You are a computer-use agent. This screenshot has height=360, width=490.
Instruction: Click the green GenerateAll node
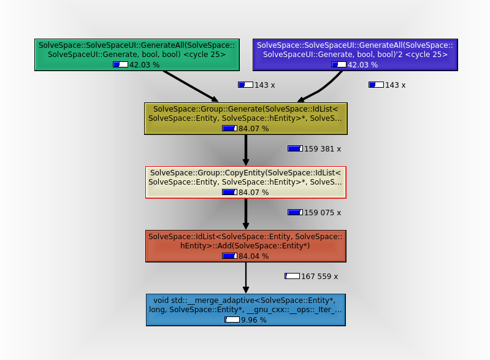(136, 54)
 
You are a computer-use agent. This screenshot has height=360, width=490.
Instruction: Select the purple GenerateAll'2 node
(355, 54)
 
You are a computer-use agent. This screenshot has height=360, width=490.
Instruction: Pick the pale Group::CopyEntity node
(245, 182)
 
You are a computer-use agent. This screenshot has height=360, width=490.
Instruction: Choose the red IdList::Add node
(245, 245)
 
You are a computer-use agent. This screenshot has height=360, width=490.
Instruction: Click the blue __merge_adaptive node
(245, 309)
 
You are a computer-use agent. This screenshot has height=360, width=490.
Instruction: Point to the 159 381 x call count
(323, 148)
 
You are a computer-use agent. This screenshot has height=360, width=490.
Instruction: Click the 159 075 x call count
(323, 212)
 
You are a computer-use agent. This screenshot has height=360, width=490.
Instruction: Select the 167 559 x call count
(320, 276)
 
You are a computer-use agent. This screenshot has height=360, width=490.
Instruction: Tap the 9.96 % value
(254, 320)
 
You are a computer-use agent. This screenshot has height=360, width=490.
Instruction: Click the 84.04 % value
(253, 256)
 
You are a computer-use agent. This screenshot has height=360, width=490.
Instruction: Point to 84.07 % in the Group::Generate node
(253, 128)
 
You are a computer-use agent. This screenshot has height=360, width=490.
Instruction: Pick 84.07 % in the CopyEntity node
(253, 192)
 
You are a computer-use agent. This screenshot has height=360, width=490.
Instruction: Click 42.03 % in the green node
(144, 64)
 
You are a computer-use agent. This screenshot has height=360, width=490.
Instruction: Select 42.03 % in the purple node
(362, 64)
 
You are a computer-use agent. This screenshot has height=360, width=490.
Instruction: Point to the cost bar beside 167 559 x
(292, 276)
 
